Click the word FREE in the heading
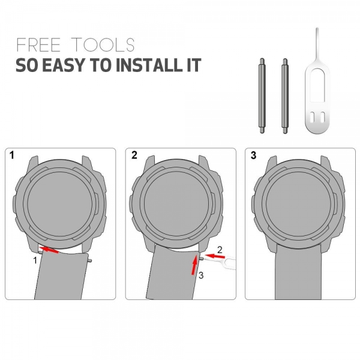point(38,44)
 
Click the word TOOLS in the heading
point(103,44)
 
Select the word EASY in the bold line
point(64,65)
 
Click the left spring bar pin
point(262,96)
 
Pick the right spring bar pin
point(285,96)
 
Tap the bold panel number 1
point(12,155)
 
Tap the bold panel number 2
point(134,155)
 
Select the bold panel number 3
point(253,155)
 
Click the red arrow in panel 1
point(49,250)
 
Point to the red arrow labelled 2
point(214,256)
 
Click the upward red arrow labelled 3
point(194,265)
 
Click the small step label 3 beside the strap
point(201,275)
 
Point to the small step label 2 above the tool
point(220,250)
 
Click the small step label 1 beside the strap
point(35,260)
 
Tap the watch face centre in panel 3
point(299,203)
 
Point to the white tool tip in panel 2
point(205,259)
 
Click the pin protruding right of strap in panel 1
point(90,260)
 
